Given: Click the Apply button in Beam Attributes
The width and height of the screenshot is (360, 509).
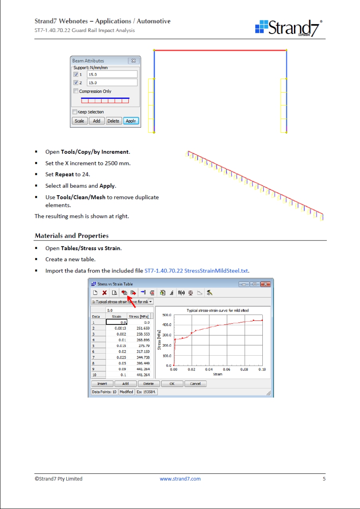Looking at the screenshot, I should click(131, 121).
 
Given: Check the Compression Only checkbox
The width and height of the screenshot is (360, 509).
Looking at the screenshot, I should click(76, 91).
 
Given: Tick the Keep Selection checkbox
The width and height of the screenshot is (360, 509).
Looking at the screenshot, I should click(75, 112).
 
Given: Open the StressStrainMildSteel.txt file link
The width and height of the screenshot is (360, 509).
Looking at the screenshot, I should click(196, 271).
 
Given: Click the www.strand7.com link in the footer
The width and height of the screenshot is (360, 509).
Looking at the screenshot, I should click(180, 479).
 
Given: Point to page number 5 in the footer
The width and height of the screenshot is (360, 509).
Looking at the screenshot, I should click(324, 479).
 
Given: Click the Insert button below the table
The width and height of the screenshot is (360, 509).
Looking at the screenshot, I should click(102, 384).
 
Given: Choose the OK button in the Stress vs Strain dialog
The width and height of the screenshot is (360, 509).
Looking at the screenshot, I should click(172, 384).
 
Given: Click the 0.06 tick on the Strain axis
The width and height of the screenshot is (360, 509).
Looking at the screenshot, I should click(226, 369).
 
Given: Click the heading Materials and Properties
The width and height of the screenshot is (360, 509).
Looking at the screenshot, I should click(72, 236).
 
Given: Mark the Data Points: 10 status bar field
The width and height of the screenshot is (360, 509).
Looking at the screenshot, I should click(104, 392).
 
